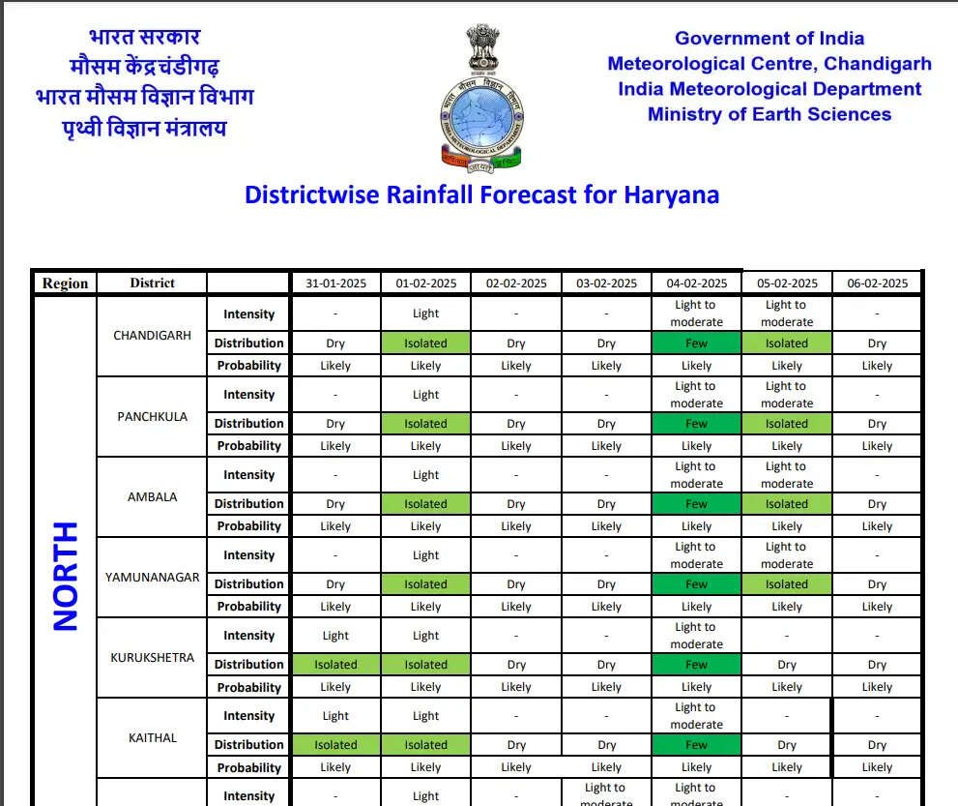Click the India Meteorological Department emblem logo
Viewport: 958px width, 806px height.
[480, 95]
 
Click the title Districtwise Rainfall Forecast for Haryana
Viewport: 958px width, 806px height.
[481, 194]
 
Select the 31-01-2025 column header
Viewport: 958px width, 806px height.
[335, 284]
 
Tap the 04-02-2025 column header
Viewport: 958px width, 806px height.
[696, 284]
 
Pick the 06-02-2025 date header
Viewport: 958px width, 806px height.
[877, 284]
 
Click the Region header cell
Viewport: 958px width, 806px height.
[65, 284]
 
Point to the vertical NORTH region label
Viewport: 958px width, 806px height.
[65, 576]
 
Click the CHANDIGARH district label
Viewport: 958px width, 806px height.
[152, 336]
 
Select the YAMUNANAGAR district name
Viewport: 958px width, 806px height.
[152, 577]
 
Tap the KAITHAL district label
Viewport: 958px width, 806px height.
[152, 737]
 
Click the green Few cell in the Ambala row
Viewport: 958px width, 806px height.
[696, 504]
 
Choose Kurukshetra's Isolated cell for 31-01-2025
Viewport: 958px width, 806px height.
[335, 665]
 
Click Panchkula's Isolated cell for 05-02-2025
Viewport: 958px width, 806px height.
[786, 424]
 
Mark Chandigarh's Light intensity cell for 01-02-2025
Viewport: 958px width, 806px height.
[425, 313]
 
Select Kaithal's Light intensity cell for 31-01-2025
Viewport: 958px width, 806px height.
[335, 716]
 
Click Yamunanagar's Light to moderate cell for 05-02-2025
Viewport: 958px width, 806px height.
[786, 554]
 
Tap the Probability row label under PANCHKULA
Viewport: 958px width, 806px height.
[248, 446]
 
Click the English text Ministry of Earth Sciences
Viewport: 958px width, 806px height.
[769, 114]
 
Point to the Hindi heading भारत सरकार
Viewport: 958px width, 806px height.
[144, 38]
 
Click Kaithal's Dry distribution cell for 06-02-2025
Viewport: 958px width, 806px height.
[877, 745]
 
